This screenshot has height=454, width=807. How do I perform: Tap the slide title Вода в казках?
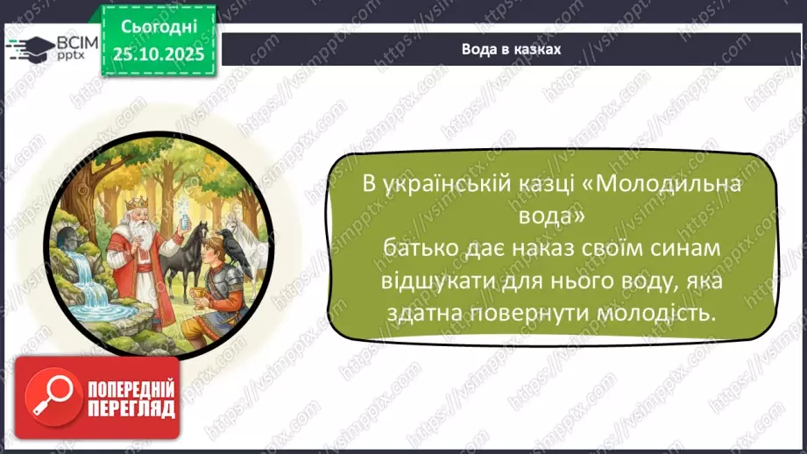(511, 49)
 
